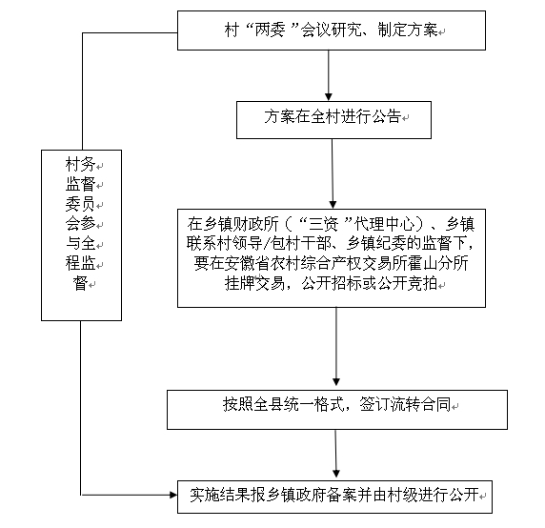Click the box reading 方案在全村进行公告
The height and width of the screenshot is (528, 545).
point(333,120)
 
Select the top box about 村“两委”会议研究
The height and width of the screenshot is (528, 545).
point(332,30)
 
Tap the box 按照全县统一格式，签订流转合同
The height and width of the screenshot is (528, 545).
point(337,410)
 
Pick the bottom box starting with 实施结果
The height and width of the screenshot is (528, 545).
point(334,497)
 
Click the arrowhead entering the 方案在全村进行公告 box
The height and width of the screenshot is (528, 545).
point(329,97)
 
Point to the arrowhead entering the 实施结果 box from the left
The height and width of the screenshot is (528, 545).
point(173,495)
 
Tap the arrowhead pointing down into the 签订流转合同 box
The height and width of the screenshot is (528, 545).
point(336,381)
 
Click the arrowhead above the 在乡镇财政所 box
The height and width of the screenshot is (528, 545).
point(333,204)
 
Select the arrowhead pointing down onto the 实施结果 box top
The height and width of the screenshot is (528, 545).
point(336,474)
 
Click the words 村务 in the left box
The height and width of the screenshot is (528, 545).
point(80,165)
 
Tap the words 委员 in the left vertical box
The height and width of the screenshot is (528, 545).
point(80,204)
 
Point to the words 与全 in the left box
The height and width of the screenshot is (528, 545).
point(80,243)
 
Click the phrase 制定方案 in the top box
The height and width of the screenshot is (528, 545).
point(408,30)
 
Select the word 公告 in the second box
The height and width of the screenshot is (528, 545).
point(387,116)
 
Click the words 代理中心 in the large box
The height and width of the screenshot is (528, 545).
point(384,224)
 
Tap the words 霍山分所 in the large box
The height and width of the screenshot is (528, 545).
point(437,263)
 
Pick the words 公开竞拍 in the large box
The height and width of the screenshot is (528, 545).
point(407,283)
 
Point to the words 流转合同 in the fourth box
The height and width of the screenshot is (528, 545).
point(420,404)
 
